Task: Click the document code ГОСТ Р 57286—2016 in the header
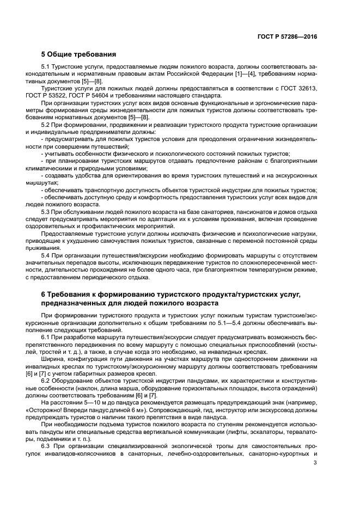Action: (x=287, y=37)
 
